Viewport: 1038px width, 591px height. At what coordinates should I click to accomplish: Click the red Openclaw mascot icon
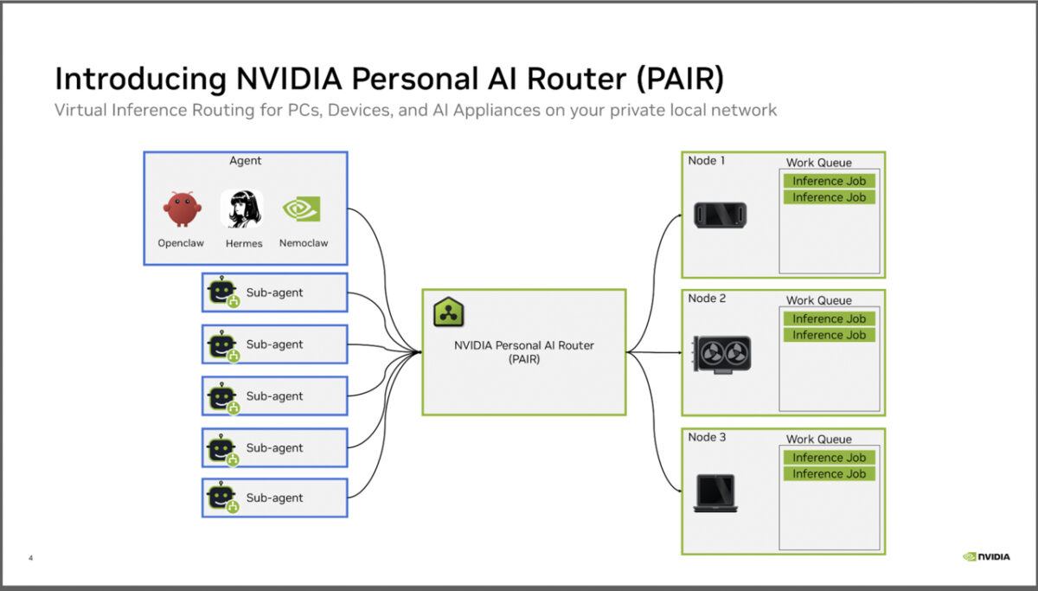coord(183,209)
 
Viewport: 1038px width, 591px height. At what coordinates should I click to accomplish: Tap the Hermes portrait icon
coord(242,209)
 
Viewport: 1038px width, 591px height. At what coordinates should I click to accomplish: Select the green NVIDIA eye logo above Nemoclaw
coord(302,209)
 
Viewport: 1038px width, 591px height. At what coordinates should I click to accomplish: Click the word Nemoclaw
coord(304,243)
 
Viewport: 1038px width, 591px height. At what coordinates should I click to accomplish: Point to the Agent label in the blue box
coord(245,160)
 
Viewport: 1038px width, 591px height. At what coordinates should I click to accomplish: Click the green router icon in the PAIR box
coord(448,312)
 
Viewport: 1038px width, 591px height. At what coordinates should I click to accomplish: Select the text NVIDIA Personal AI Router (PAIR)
coord(524,352)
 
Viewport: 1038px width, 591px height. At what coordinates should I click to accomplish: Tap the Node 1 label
coord(706,160)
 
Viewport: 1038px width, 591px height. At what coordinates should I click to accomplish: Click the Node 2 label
coord(707,298)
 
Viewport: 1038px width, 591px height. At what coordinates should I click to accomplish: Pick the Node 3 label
coord(707,437)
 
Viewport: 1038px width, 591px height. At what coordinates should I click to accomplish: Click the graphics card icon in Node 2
coord(721,354)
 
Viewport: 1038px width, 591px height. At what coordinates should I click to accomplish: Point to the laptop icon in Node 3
coord(715,493)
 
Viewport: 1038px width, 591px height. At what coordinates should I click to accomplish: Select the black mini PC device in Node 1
coord(720,215)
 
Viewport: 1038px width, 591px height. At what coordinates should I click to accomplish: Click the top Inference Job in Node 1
coord(829,181)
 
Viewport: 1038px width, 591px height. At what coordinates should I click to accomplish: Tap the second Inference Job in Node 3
coord(829,473)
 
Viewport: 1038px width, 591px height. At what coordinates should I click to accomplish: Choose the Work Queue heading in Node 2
coord(819,300)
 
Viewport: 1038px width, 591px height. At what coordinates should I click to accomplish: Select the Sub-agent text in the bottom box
coord(274,498)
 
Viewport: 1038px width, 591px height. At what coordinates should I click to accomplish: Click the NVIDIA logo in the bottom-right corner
coord(986,556)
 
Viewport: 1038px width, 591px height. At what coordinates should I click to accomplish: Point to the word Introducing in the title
coord(140,80)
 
